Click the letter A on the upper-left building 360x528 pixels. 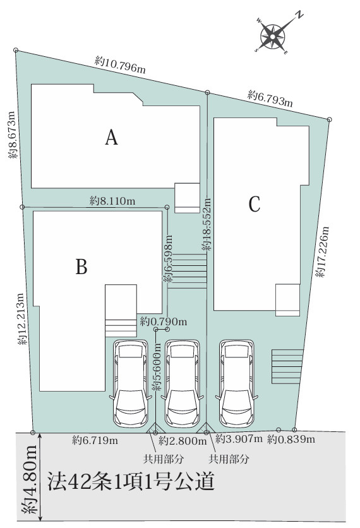pyautogui.click(x=112, y=137)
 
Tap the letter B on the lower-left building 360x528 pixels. pyautogui.click(x=81, y=267)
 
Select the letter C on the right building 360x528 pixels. pyautogui.click(x=254, y=205)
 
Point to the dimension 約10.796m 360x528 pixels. pyautogui.click(x=121, y=64)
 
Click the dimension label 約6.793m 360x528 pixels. pyautogui.click(x=270, y=98)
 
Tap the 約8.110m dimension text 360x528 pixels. pyautogui.click(x=112, y=201)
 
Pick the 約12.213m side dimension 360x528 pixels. pyautogui.click(x=21, y=321)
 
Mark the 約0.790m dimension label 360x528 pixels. pyautogui.click(x=164, y=321)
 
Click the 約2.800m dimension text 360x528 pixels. pyautogui.click(x=180, y=440)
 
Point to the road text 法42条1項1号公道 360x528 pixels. pyautogui.click(x=131, y=483)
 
